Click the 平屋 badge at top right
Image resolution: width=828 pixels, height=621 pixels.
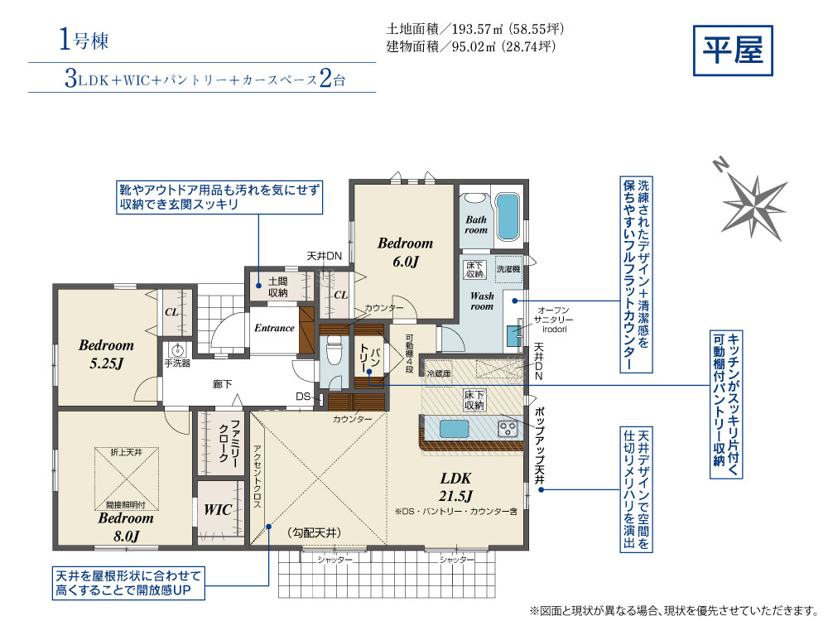pyautogui.click(x=733, y=51)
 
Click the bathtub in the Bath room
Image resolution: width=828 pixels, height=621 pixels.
pyautogui.click(x=508, y=216)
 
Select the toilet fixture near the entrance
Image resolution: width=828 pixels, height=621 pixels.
pyautogui.click(x=333, y=350)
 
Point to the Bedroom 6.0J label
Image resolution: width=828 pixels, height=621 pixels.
pyautogui.click(x=405, y=252)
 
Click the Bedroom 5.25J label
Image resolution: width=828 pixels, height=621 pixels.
pyautogui.click(x=106, y=354)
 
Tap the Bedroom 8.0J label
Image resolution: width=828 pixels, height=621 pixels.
pyautogui.click(x=126, y=527)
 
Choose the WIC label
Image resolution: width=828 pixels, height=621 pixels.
pyautogui.click(x=218, y=509)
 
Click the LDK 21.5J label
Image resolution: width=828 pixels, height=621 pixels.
pyautogui.click(x=455, y=486)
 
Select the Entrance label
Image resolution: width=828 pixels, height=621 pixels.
pyautogui.click(x=274, y=328)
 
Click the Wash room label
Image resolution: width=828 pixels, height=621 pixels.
pyautogui.click(x=482, y=301)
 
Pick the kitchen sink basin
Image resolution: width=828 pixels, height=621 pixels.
pyautogui.click(x=454, y=429)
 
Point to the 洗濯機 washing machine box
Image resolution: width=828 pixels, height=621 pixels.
pyautogui.click(x=508, y=269)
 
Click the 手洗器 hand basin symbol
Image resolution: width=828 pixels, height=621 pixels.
pyautogui.click(x=178, y=349)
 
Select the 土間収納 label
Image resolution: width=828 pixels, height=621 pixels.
pyautogui.click(x=277, y=286)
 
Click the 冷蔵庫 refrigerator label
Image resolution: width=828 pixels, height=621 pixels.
pyautogui.click(x=439, y=373)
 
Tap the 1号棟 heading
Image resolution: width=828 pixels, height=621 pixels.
pyautogui.click(x=84, y=40)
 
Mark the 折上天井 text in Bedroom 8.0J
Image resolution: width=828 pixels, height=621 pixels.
pyautogui.click(x=126, y=452)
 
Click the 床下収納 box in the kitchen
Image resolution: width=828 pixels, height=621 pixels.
pyautogui.click(x=474, y=400)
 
